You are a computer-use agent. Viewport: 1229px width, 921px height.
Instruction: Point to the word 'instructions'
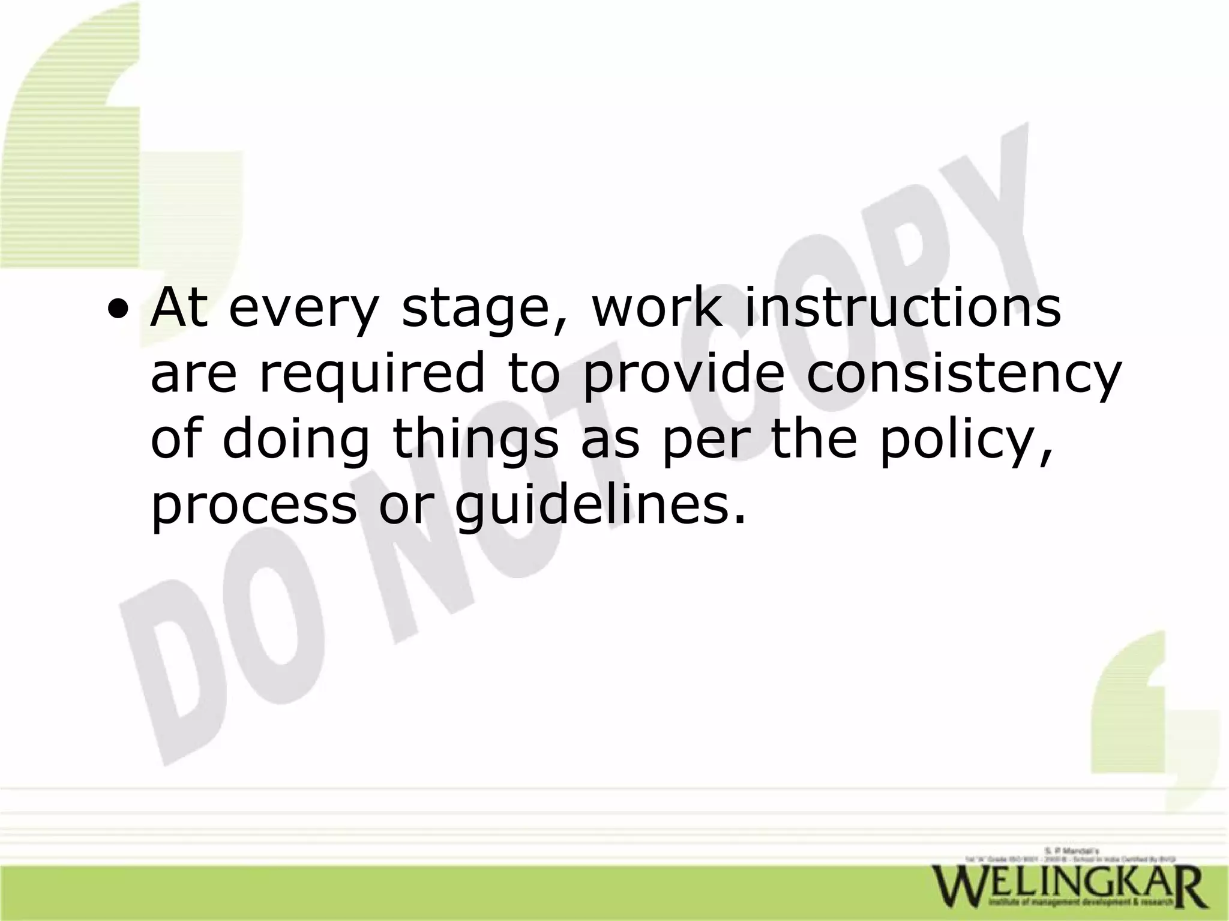903,309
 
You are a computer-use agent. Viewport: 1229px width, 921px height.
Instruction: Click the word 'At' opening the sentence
179,309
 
